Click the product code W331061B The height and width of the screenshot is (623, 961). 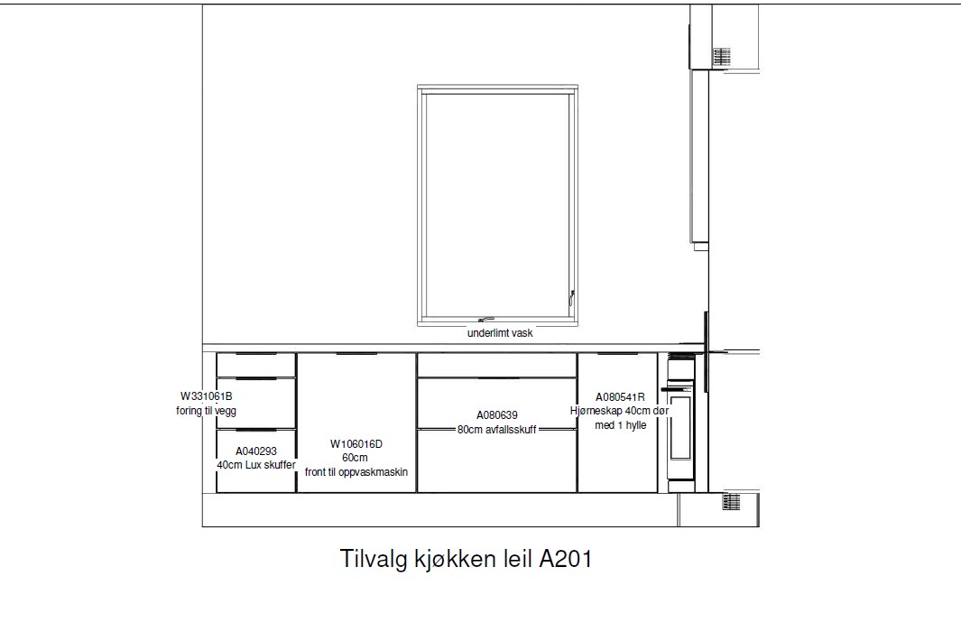point(206,396)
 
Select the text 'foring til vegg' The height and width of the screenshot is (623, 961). point(206,410)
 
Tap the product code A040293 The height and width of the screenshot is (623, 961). point(256,451)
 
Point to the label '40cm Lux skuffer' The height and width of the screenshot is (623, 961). point(256,465)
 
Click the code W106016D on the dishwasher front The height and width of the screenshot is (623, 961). point(356,444)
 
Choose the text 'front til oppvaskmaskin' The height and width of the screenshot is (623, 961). point(356,472)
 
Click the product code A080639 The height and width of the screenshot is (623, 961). point(497,415)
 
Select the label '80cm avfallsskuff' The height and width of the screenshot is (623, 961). point(497,429)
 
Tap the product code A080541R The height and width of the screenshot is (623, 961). point(620,396)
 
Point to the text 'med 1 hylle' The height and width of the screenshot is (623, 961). point(620,425)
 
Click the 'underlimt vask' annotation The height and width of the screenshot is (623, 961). point(500,333)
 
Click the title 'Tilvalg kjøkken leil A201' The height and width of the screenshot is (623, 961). point(466,559)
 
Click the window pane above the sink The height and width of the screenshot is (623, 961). point(497,205)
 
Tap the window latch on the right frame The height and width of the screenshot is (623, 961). point(571,297)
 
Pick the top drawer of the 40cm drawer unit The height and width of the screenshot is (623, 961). point(256,365)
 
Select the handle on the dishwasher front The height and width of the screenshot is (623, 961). point(356,354)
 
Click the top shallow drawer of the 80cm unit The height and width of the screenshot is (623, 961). point(497,365)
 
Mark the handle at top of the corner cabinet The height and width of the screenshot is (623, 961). point(618,354)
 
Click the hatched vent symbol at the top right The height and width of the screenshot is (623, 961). point(721,56)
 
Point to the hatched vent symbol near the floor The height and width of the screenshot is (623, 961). point(731,502)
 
